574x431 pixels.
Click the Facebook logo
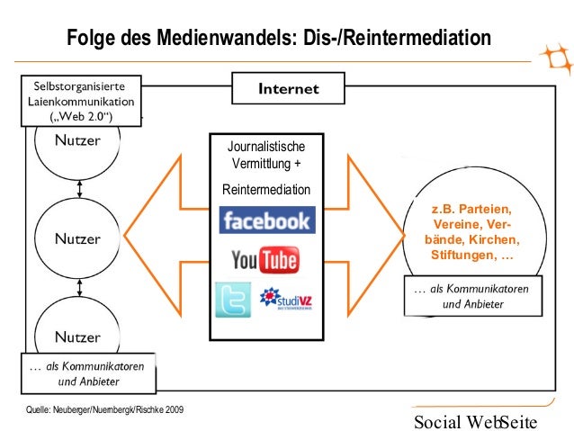click(265, 220)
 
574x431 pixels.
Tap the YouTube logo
click(265, 261)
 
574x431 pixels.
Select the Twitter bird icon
click(233, 300)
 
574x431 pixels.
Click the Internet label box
click(288, 89)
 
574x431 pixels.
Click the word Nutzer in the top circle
click(78, 140)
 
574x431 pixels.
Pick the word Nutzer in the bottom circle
click(78, 337)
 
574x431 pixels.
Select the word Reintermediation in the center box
click(265, 190)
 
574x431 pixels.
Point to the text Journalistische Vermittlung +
click(265, 154)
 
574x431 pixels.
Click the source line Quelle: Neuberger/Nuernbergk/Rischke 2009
click(107, 410)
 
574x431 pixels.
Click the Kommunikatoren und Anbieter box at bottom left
click(88, 373)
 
